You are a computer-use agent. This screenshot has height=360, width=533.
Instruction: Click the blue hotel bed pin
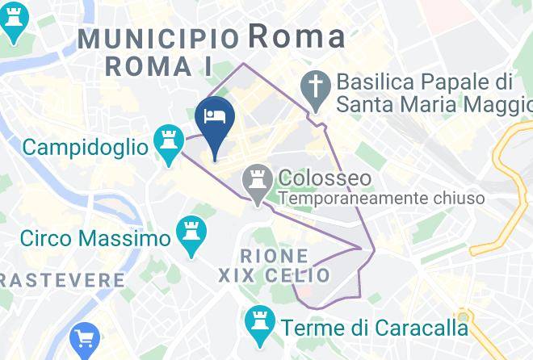coord(215,118)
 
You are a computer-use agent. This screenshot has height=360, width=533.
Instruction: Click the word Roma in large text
coord(296,36)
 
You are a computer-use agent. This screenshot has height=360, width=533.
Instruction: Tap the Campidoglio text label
coord(86,147)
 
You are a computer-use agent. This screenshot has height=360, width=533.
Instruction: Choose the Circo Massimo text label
coord(95,238)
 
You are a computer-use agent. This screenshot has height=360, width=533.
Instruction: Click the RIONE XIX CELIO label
coord(275,265)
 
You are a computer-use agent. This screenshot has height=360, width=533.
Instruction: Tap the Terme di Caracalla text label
coord(374,328)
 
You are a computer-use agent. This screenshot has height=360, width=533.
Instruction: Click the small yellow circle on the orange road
coord(464,316)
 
